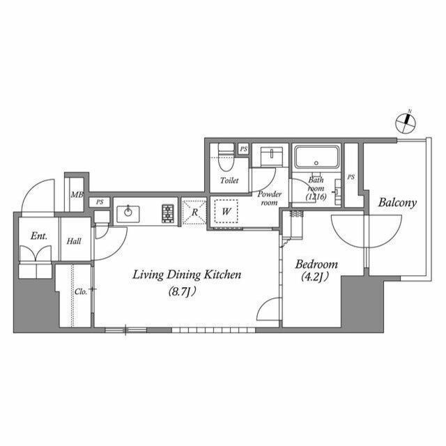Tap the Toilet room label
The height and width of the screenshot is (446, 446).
point(229,180)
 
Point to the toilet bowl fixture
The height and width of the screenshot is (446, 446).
point(224,158)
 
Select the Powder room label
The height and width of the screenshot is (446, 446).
point(269,198)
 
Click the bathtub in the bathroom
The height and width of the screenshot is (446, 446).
point(316,157)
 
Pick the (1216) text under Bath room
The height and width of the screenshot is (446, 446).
point(317,197)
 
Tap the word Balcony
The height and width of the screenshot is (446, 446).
point(397,203)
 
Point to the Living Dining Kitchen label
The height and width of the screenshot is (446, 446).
point(187,275)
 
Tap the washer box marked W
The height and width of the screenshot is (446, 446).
point(226,211)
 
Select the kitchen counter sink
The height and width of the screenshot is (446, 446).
point(129,213)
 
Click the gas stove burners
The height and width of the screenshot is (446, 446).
point(168,213)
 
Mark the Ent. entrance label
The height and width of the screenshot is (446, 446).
point(39,236)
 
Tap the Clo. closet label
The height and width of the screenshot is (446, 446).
point(81,291)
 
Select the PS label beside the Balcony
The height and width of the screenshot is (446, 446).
point(351,178)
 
